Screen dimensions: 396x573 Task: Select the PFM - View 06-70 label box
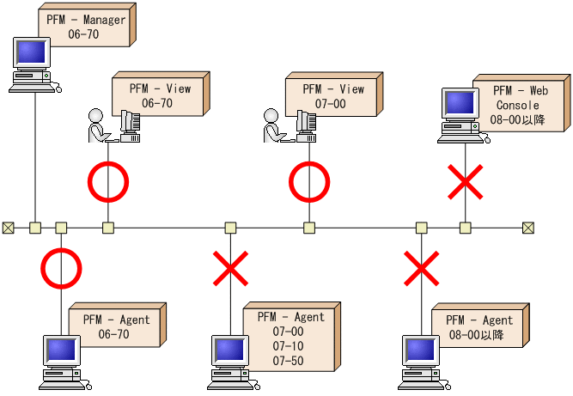(158, 95)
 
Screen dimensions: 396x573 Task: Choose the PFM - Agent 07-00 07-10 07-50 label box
(287, 338)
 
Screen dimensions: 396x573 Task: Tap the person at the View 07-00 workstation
(272, 125)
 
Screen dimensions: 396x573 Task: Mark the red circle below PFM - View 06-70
(108, 182)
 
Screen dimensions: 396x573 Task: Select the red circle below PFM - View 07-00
(308, 182)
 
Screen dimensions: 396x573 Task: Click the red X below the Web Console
(466, 181)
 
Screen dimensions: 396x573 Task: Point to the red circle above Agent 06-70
(61, 269)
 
